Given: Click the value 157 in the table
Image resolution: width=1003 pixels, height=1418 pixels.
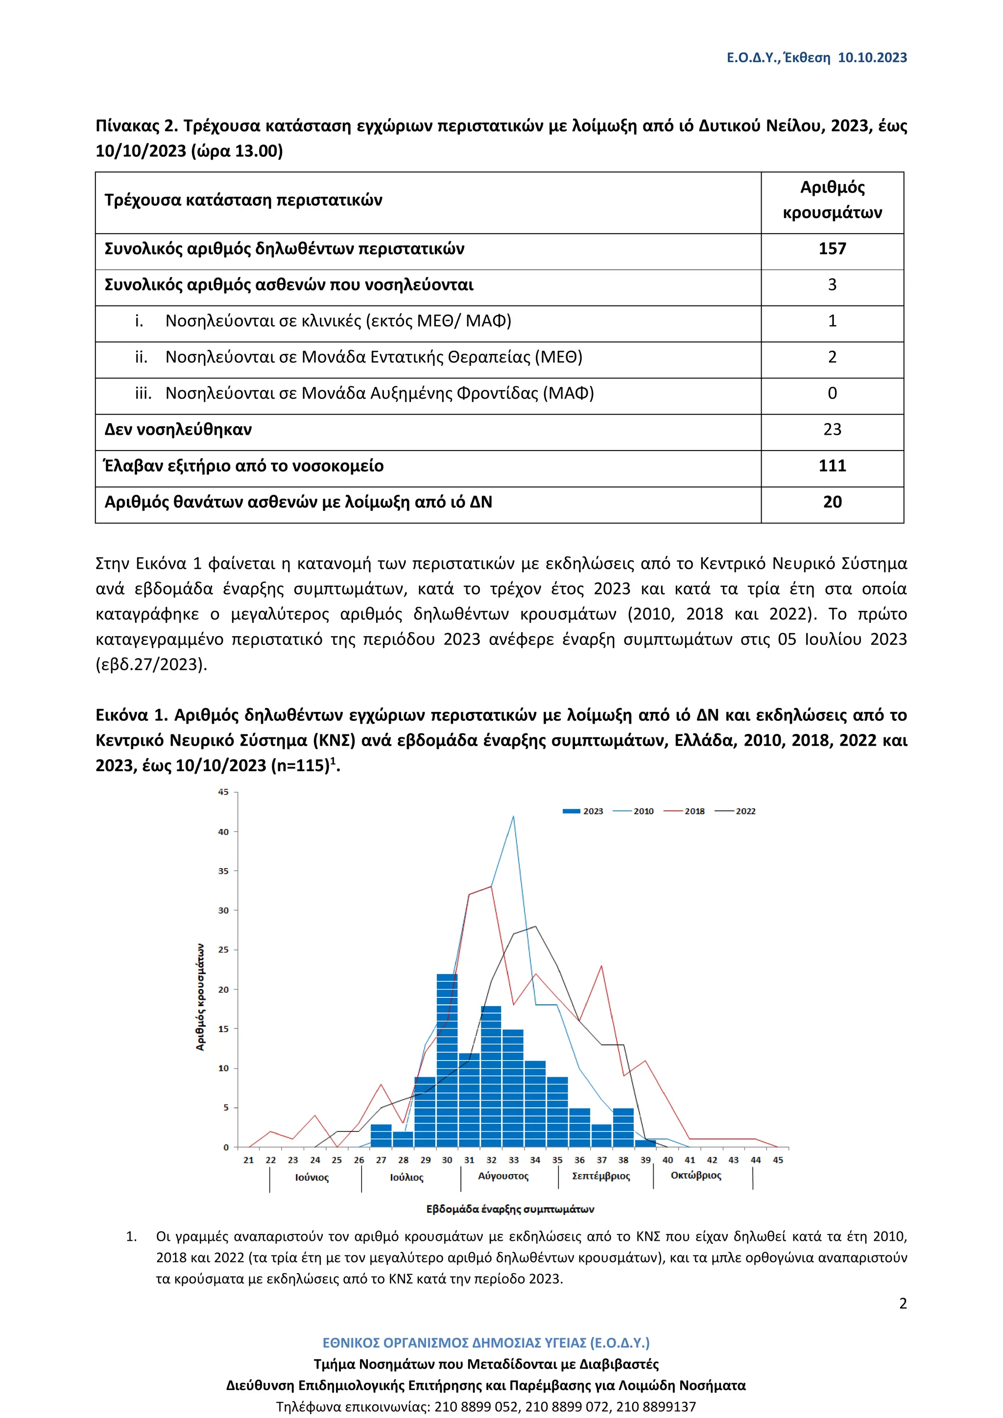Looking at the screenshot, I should click(832, 249).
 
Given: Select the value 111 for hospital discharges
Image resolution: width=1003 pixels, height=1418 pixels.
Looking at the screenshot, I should click(832, 466).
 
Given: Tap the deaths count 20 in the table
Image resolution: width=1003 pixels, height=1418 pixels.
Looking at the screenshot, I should click(832, 502).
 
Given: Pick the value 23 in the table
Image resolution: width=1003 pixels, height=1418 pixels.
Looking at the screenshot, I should click(832, 430).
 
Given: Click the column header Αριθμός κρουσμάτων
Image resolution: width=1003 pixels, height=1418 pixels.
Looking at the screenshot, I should click(832, 200).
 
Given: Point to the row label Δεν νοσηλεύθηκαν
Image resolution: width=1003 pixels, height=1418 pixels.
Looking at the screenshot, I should click(178, 430).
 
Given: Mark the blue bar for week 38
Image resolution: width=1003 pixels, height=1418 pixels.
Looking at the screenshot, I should click(623, 1128).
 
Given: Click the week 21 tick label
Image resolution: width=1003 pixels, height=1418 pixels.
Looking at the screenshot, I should click(248, 1160).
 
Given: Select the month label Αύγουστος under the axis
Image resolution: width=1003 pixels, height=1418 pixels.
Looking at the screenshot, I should click(503, 1176).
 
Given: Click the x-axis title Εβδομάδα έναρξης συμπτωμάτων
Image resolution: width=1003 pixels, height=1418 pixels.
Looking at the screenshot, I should click(510, 1208).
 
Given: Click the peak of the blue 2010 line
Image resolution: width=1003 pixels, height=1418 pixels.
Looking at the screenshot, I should click(513, 817).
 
